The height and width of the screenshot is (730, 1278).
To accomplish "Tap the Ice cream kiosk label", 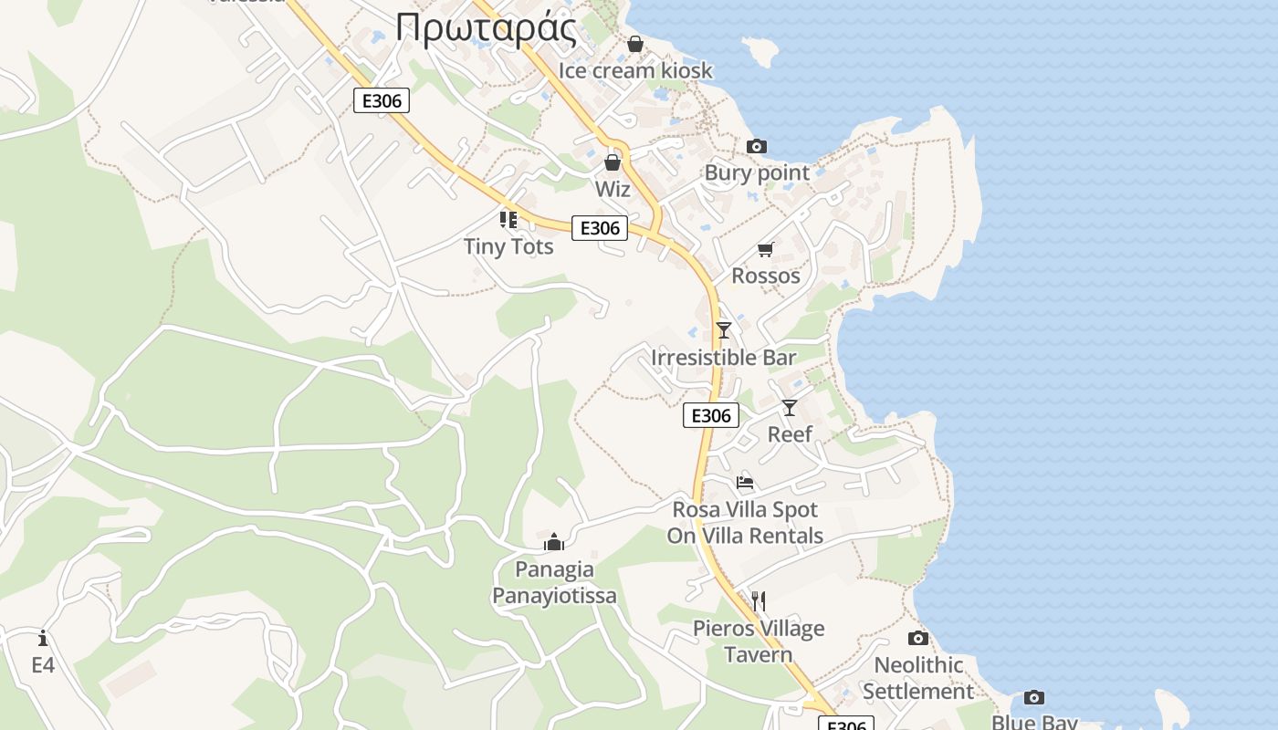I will pyautogui.click(x=635, y=70).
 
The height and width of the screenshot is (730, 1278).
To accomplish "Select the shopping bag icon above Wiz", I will pyautogui.click(x=613, y=162).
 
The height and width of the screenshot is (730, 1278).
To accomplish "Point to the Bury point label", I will pyautogui.click(x=757, y=172).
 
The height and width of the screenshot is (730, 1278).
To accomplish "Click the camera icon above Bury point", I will pyautogui.click(x=757, y=146).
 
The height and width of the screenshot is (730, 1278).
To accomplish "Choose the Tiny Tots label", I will pyautogui.click(x=508, y=245).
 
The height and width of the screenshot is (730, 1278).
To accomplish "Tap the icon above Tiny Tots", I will pyautogui.click(x=508, y=219).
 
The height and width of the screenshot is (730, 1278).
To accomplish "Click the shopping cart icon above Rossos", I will pyautogui.click(x=766, y=249).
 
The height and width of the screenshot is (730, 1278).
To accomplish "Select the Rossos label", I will pyautogui.click(x=766, y=276).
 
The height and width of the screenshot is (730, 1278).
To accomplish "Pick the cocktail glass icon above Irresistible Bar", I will pyautogui.click(x=724, y=329).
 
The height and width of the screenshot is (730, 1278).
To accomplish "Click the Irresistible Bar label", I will pyautogui.click(x=724, y=357).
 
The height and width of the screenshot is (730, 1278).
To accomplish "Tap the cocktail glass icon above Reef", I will pyautogui.click(x=790, y=407).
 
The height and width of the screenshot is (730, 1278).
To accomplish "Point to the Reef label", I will pyautogui.click(x=790, y=433).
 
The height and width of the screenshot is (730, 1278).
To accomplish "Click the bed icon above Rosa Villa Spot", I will pyautogui.click(x=745, y=483).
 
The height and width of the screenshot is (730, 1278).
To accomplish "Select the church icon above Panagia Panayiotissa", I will pyautogui.click(x=554, y=543).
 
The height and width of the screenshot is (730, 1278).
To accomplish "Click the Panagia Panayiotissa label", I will pyautogui.click(x=554, y=582).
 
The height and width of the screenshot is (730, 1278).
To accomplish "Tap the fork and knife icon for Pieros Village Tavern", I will pyautogui.click(x=758, y=600).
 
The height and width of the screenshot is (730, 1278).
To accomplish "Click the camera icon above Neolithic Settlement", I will pyautogui.click(x=918, y=638).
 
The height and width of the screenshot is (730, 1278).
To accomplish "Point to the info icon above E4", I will pyautogui.click(x=43, y=638).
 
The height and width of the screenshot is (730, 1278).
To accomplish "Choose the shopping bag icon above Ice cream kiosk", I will pyautogui.click(x=635, y=44).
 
